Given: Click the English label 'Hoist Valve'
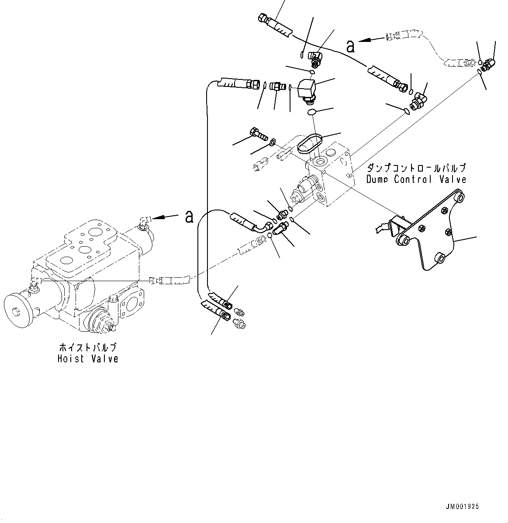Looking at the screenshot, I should tap(88, 359).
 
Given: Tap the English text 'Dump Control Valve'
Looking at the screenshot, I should tap(416, 179).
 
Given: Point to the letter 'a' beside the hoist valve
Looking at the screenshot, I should tap(189, 216).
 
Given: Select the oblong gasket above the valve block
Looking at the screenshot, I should tap(309, 144).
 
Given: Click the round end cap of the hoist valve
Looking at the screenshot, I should tap(19, 311).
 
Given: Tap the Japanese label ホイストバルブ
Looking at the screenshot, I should tap(88, 348).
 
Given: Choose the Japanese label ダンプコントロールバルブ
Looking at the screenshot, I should tap(416, 168).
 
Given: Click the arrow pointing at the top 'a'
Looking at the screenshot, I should tap(371, 40).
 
